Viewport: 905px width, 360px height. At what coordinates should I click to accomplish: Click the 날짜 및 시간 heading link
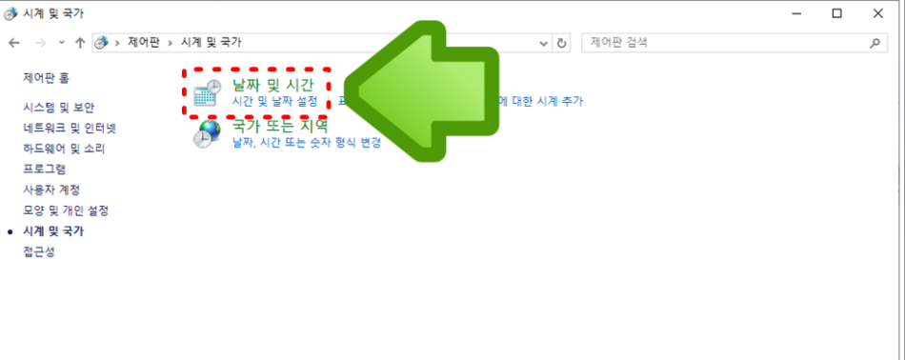tap(272, 85)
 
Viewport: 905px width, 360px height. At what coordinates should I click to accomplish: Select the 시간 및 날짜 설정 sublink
tap(276, 101)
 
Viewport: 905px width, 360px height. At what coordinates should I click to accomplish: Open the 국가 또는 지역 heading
tap(280, 126)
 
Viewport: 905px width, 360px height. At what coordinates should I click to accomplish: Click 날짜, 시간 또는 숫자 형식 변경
tap(306, 143)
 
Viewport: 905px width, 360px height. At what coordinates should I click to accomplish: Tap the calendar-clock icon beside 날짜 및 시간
tap(207, 93)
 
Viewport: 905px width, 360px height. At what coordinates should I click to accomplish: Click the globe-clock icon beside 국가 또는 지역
tap(207, 134)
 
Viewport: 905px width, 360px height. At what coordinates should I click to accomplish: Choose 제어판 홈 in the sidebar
tap(46, 77)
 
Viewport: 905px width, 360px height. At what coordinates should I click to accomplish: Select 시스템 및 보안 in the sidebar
tap(59, 108)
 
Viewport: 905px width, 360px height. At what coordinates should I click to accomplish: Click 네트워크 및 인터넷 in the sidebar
tap(70, 129)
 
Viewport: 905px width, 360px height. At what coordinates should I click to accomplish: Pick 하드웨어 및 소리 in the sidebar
tap(64, 149)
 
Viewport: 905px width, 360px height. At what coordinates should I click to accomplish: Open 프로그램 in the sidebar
tap(45, 169)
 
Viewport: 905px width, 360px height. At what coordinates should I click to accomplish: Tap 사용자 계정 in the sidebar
tap(51, 190)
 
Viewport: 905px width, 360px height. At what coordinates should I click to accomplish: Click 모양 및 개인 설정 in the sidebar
tap(66, 210)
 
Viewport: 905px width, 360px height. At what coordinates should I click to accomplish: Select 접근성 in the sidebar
tap(39, 251)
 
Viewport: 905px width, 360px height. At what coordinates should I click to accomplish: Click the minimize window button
tap(794, 13)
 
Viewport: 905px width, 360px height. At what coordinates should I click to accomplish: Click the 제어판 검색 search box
tap(724, 43)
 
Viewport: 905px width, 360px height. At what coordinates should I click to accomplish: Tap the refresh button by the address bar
tap(561, 43)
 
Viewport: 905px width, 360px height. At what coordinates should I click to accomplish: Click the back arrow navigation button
tap(14, 43)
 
